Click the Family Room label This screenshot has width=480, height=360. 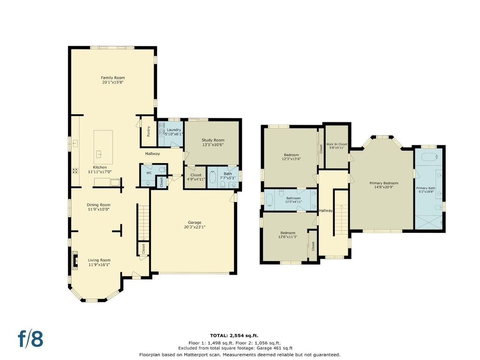click(113, 78)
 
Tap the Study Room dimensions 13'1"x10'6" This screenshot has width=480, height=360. click(213, 144)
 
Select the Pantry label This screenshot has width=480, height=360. click(149, 131)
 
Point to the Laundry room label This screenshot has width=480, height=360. click(173, 130)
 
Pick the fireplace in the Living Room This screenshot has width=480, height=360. click(75, 261)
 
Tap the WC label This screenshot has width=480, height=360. click(149, 173)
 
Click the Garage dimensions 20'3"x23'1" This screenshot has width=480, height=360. click(195, 227)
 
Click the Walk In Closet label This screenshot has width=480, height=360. click(337, 144)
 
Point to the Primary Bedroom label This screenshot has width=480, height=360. click(384, 183)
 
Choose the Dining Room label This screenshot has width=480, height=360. click(98, 205)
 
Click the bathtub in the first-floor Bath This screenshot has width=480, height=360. click(212, 178)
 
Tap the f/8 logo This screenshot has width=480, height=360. click(30, 339)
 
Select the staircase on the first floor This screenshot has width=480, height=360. click(142, 223)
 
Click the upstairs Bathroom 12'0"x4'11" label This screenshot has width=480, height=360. click(293, 200)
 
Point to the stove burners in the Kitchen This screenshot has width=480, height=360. click(75, 171)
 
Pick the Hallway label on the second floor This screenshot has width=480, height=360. click(325, 210)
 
